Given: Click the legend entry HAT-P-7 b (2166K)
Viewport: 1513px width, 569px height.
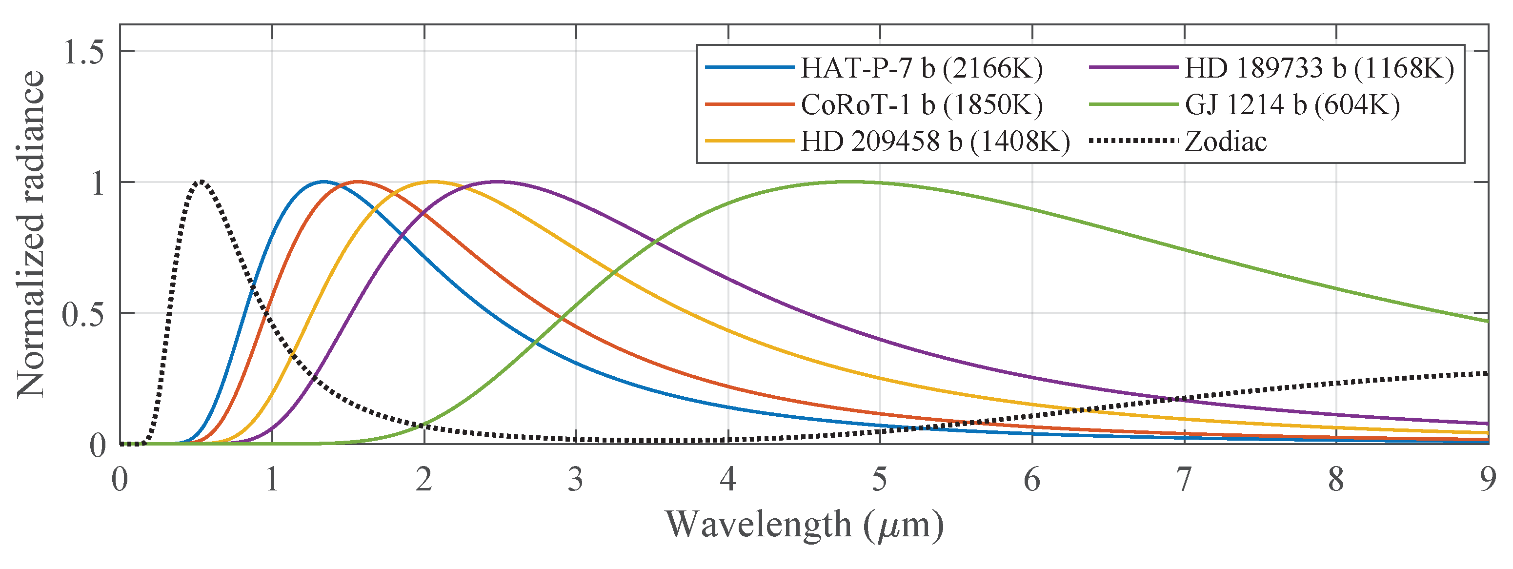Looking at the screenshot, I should [922, 69].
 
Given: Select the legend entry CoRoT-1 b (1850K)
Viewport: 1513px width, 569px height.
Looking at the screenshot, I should [922, 105].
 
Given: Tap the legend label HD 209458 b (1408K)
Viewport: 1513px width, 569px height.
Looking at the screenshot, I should [935, 142].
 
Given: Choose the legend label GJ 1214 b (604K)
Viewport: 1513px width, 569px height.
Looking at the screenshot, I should [1292, 105].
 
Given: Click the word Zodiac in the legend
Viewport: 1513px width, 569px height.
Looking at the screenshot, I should [1226, 142].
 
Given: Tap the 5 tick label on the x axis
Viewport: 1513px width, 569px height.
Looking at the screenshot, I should [879, 479].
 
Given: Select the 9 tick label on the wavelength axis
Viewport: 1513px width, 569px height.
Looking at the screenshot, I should [1487, 479].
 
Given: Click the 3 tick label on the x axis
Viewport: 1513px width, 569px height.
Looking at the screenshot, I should [576, 479].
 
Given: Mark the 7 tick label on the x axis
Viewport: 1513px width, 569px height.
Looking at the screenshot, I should [1184, 479].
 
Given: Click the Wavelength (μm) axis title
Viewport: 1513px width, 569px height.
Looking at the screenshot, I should [804, 525].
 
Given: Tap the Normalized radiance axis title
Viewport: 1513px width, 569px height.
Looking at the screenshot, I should [31, 235].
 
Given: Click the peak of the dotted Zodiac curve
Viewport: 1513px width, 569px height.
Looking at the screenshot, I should [202, 182].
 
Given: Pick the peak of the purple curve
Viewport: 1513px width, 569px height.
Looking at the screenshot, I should [498, 182].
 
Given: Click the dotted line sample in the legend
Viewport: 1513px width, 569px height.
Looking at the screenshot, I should [1133, 141].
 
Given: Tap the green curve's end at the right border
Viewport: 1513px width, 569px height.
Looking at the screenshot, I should [1487, 321].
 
